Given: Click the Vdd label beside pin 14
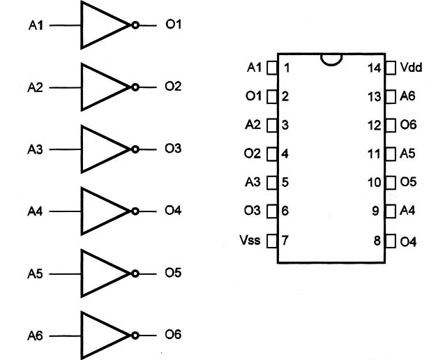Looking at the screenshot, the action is click(x=411, y=67).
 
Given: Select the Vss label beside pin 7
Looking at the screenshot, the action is click(x=250, y=240).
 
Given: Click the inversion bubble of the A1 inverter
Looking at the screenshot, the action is click(x=135, y=25).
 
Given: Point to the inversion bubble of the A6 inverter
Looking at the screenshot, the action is click(x=135, y=336).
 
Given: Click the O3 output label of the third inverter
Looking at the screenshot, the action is click(x=173, y=149).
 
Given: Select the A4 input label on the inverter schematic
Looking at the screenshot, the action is click(x=35, y=211).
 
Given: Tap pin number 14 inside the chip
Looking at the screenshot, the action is click(x=375, y=68).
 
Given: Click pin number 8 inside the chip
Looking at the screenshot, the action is click(x=377, y=241).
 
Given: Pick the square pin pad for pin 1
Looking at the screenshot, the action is click(x=272, y=68).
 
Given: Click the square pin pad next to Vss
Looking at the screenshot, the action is click(x=272, y=241).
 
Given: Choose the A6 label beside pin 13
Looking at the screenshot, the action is click(x=407, y=96).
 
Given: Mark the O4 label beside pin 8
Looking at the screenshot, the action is click(x=408, y=242).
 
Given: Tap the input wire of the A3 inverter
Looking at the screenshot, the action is click(x=66, y=149).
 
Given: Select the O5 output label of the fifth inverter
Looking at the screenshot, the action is click(x=173, y=273).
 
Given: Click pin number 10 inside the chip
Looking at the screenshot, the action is click(x=375, y=183).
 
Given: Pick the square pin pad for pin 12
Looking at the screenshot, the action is click(x=391, y=125).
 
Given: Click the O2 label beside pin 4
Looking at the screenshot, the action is click(x=253, y=153).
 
